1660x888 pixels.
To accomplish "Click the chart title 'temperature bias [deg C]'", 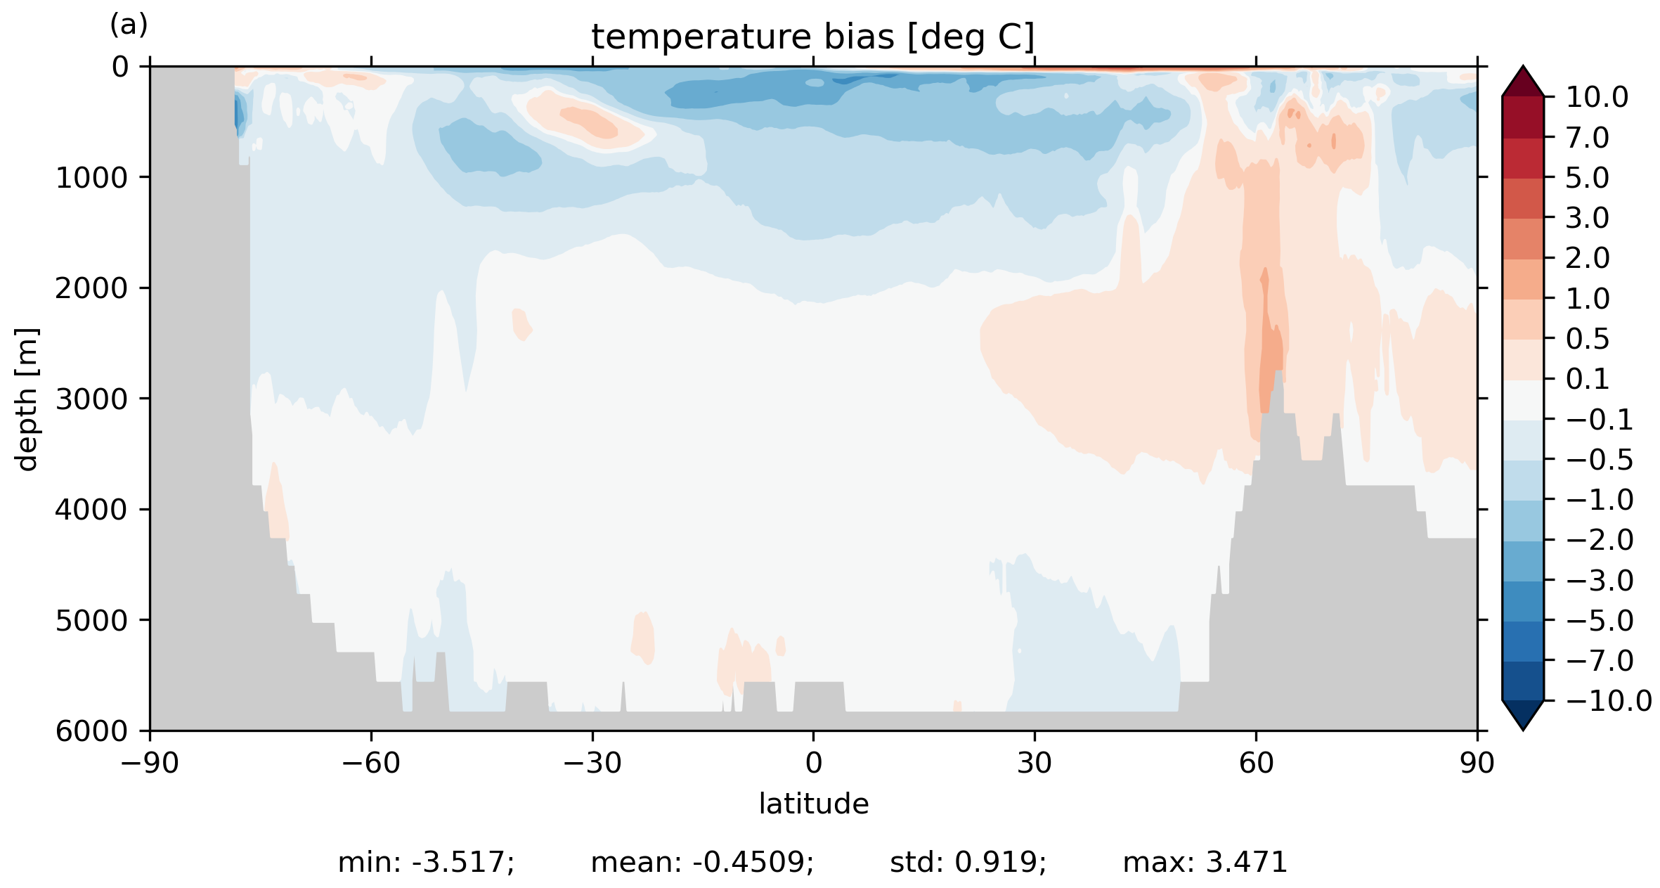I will coord(812,37).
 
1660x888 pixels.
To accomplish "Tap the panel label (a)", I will coord(129,25).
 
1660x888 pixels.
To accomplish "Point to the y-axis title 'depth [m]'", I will coord(27,399).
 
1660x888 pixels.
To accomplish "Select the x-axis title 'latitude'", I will coord(813,804).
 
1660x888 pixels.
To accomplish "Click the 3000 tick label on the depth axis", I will coord(92,399).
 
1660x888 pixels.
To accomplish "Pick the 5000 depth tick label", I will coord(92,621).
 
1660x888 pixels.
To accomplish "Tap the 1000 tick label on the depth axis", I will coord(92,178).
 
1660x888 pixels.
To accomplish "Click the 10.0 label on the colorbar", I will coord(1597,97).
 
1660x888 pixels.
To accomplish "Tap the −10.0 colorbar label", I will coord(1609,701).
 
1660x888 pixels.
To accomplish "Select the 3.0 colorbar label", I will coord(1587,218).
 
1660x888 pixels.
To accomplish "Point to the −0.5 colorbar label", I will coord(1599,460).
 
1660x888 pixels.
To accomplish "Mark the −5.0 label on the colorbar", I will coord(1599,621).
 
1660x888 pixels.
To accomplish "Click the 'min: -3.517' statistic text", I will coord(426,863).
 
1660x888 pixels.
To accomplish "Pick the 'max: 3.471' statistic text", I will coord(1205,863).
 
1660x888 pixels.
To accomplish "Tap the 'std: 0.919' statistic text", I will coord(968,863).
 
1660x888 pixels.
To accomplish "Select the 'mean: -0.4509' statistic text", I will coord(702,863).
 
